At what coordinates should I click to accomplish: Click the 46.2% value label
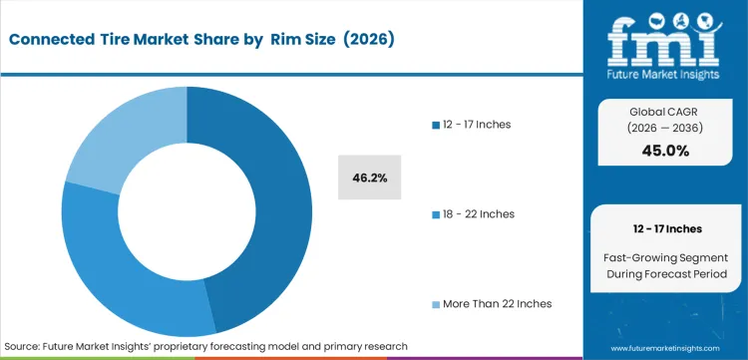[370, 178]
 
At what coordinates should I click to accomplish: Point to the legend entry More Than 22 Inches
[491, 303]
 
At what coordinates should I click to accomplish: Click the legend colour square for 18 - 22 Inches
[435, 214]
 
